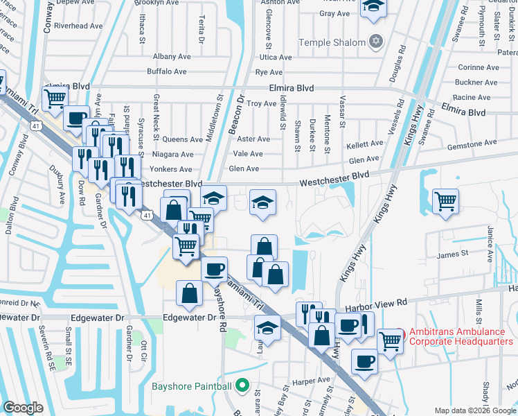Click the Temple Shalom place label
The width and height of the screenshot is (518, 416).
332,42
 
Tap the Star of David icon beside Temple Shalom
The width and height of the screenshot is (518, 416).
376,42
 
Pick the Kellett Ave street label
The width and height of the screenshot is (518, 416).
365,144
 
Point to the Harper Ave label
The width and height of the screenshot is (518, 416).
311,381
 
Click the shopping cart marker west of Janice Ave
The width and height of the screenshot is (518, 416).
445,202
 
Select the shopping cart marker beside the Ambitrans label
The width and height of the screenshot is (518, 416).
391,340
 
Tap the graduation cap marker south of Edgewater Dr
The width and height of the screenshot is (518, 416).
267,327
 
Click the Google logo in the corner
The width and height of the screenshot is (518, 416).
23,408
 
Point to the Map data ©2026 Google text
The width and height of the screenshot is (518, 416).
475,410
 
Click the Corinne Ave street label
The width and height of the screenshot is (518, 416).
478,68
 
